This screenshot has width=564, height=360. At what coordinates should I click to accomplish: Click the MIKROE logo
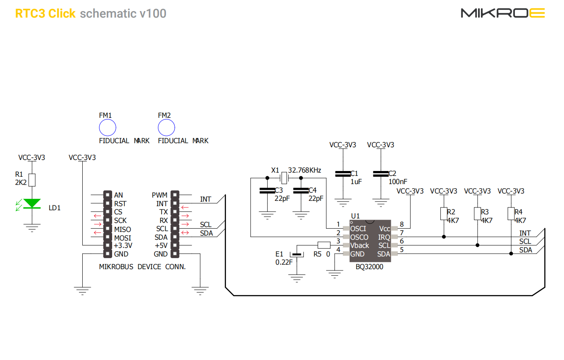point(503,13)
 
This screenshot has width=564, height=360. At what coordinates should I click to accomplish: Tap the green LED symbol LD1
point(32,204)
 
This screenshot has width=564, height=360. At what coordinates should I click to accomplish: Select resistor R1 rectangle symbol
point(32,180)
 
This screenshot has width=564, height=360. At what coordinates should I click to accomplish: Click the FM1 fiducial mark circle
point(108,128)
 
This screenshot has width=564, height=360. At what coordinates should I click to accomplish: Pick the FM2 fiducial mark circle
point(167,128)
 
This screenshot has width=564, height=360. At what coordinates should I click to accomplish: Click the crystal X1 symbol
point(284,178)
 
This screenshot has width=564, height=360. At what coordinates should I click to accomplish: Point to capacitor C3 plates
point(267,191)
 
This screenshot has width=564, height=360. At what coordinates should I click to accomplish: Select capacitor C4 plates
point(301,191)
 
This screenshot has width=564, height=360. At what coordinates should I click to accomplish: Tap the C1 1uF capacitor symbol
point(343,174)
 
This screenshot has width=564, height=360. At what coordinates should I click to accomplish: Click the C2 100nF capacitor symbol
point(381,174)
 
